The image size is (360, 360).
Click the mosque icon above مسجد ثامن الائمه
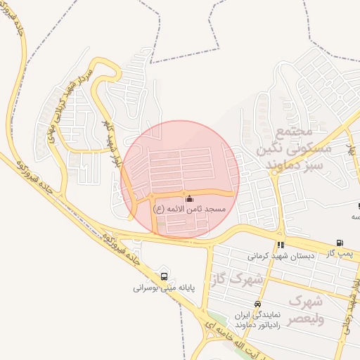pos(188,199)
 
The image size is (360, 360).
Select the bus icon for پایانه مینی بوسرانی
pos(164,276)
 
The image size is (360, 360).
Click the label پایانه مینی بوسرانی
pos(165,288)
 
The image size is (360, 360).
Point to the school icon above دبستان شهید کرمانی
pos(281,245)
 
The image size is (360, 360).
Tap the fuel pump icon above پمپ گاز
pos(340,243)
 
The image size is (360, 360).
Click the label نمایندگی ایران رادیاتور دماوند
pos(259,320)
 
